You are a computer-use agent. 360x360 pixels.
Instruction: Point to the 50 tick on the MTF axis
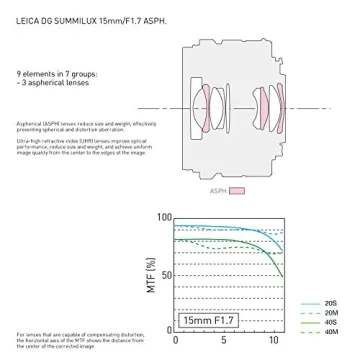(x=166, y=274)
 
